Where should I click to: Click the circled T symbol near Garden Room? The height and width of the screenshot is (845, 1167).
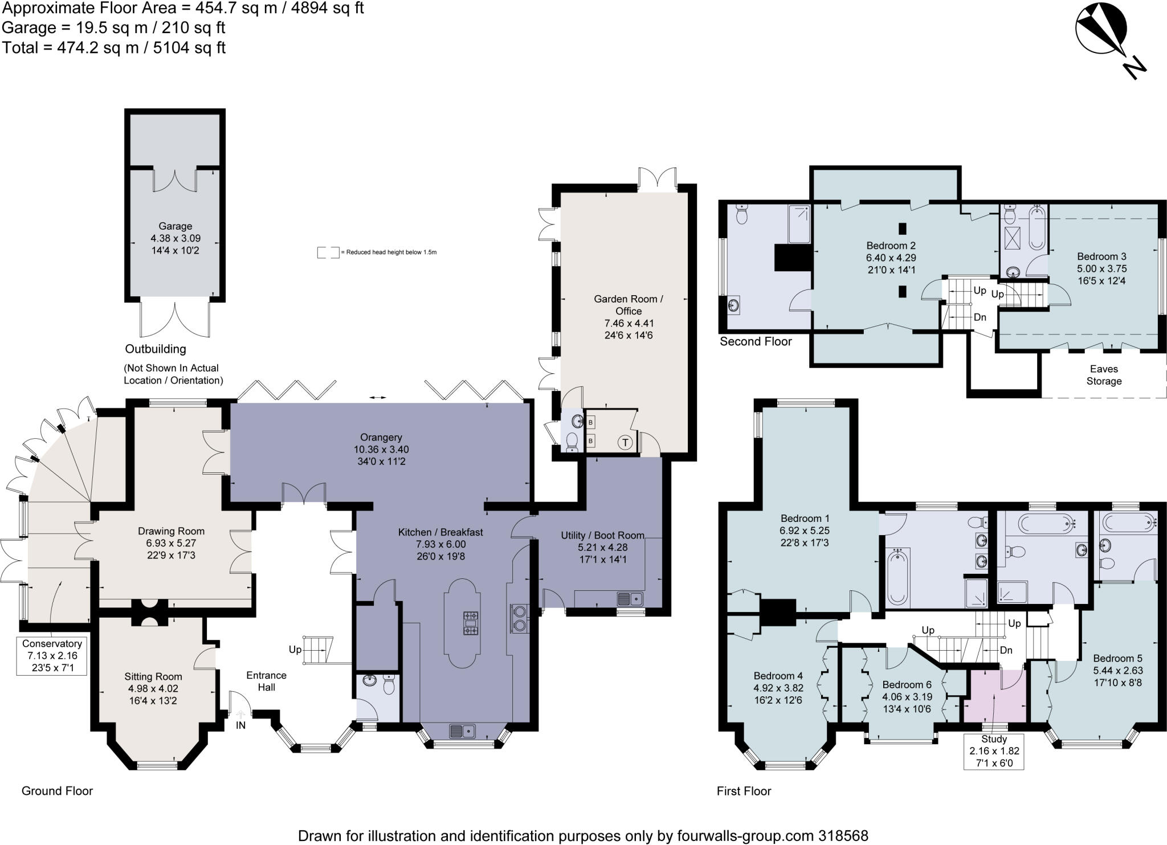click(626, 442)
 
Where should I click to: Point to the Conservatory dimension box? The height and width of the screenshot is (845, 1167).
click(52, 655)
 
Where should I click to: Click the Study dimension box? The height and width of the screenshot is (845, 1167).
click(994, 751)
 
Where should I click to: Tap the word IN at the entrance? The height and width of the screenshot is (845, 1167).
click(241, 725)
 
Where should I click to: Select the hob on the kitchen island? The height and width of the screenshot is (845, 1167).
click(471, 623)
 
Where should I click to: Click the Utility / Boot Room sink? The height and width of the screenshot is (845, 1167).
click(629, 599)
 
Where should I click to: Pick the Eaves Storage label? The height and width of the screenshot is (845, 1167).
click(1104, 375)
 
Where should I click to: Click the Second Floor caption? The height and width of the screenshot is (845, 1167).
click(756, 341)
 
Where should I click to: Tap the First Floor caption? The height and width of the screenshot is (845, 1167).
click(744, 791)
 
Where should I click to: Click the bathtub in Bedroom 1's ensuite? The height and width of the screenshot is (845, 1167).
click(898, 577)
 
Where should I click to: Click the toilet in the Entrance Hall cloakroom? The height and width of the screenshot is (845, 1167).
click(389, 685)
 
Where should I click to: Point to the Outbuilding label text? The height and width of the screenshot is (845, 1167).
click(156, 349)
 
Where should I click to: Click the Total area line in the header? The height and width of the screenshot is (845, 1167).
click(114, 47)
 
